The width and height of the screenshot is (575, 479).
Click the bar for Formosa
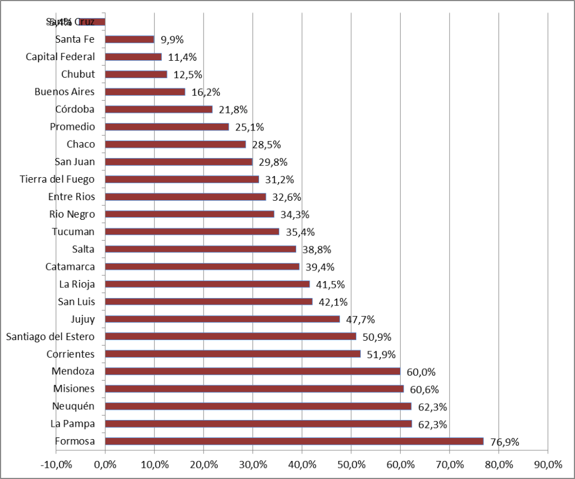point(294,441)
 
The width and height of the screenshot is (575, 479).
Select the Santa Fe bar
point(129,39)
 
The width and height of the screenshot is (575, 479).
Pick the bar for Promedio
point(167,126)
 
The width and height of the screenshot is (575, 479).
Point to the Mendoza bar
point(252,371)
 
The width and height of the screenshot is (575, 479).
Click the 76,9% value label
point(504,442)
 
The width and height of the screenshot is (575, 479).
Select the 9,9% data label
point(172,39)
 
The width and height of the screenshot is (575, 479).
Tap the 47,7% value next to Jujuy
point(360,319)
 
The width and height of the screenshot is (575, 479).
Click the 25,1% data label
point(250,127)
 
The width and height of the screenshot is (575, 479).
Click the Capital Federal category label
point(61,57)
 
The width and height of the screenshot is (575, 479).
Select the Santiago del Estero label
point(51,337)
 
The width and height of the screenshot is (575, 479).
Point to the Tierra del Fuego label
point(57,179)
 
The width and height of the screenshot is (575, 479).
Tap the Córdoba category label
point(75,109)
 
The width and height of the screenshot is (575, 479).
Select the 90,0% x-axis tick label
point(548,464)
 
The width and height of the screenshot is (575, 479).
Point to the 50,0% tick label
point(351,464)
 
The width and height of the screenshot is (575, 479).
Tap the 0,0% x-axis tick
point(105,464)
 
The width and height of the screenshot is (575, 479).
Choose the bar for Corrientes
point(233,354)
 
